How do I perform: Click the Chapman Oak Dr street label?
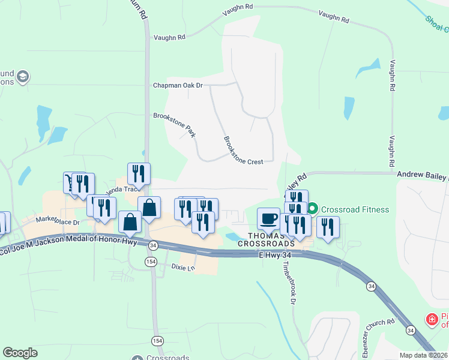tap(178, 85)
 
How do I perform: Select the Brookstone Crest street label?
tap(243, 150)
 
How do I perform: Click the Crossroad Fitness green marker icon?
tap(312, 209)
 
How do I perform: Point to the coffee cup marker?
tap(268, 218)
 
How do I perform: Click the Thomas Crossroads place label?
tap(266, 239)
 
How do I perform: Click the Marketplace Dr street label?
tap(58, 221)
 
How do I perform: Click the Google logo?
tap(20, 353)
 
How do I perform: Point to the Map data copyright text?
tap(423, 355)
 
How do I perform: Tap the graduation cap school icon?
tap(23, 77)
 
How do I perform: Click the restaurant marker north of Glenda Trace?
tap(139, 173)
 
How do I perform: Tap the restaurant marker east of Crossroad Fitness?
tap(328, 226)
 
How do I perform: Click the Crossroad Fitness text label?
tap(355, 209)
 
